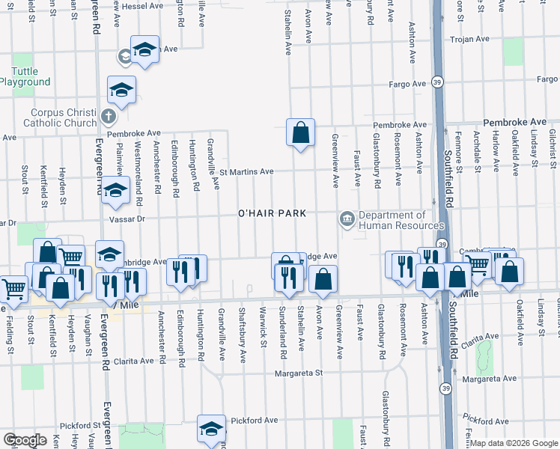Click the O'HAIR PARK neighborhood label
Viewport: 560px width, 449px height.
(x=272, y=213)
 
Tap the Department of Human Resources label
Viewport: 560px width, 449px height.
(x=401, y=220)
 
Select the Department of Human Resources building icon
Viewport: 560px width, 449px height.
(x=347, y=219)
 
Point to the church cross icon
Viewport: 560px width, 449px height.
(x=109, y=116)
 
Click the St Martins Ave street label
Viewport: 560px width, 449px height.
(x=246, y=171)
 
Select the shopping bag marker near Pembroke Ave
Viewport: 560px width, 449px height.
(x=300, y=132)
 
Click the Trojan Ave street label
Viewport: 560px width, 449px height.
(x=468, y=39)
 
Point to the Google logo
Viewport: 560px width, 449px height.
(x=25, y=439)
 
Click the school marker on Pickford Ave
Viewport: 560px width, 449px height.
(x=211, y=428)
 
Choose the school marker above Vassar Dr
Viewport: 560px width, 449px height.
(x=115, y=192)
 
